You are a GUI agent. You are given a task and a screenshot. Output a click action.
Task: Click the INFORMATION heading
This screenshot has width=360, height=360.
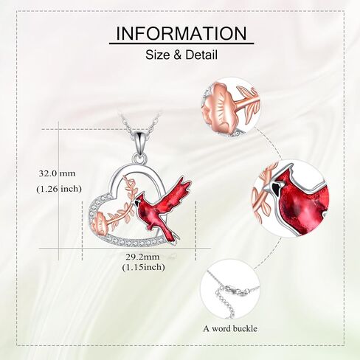pyautogui.click(x=181, y=33)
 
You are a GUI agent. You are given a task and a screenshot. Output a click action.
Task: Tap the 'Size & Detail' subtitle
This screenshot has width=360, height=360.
pyautogui.click(x=181, y=55)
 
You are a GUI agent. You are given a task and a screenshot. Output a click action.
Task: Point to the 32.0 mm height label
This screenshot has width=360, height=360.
pyautogui.click(x=57, y=173)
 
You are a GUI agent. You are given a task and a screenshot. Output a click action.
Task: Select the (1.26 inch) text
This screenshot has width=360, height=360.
pyautogui.click(x=59, y=189)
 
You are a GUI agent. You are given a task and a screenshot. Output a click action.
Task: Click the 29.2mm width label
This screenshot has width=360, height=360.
pyautogui.click(x=143, y=257)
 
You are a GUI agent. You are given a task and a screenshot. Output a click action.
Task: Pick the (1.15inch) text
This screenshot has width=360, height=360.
pyautogui.click(x=143, y=267)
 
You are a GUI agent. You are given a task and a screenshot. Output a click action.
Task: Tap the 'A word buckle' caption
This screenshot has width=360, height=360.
pyautogui.click(x=230, y=328)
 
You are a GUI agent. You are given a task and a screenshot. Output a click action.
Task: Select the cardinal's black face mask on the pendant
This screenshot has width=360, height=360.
pyautogui.click(x=136, y=203)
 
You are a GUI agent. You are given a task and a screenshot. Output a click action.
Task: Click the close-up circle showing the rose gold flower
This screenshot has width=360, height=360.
pyautogui.click(x=231, y=106)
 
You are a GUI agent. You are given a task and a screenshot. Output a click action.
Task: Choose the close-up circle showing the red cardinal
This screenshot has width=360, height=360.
pyautogui.click(x=291, y=198)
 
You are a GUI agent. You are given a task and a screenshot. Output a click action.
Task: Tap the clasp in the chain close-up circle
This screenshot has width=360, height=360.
pyautogui.click(x=234, y=291)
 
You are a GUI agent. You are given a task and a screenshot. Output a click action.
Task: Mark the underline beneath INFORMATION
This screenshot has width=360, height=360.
pyautogui.click(x=181, y=44)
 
